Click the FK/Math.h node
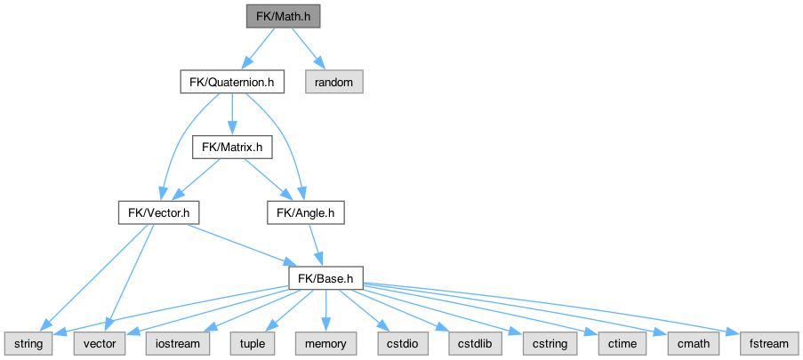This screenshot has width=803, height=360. [284, 16]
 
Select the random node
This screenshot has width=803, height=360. [333, 82]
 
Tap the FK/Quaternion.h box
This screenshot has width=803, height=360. [231, 82]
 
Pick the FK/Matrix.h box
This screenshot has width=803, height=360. [231, 147]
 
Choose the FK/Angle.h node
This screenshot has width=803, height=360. [305, 212]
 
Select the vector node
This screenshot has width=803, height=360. [94, 342]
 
